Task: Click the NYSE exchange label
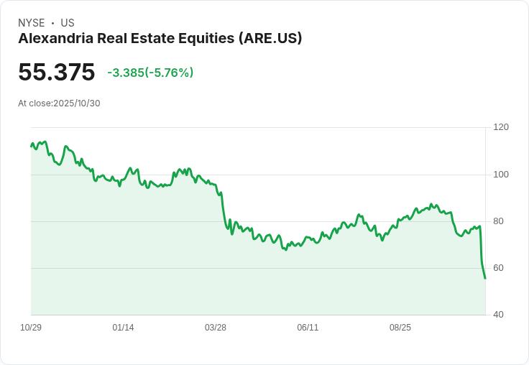click(32, 23)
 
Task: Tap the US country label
click(68, 23)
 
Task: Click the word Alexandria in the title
click(55, 39)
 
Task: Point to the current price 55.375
click(57, 73)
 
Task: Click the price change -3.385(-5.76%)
click(150, 73)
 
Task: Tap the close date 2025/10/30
click(77, 103)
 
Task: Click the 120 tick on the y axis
click(501, 127)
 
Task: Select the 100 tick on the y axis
click(501, 175)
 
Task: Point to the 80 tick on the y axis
click(499, 221)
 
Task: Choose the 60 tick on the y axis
click(499, 268)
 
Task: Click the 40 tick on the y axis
click(499, 315)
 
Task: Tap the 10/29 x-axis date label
click(31, 328)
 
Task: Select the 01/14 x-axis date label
click(124, 328)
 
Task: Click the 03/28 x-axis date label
click(216, 328)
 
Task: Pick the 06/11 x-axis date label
click(308, 328)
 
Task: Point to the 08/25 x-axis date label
click(400, 328)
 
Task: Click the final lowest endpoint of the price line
click(485, 278)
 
